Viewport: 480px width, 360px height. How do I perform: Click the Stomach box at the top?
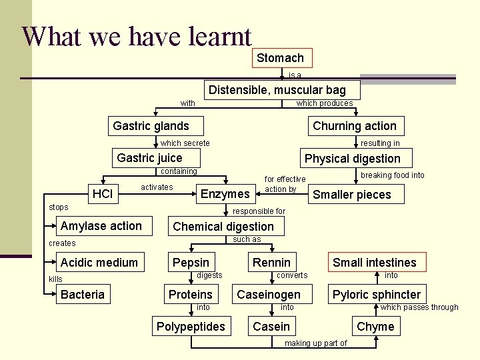click(x=280, y=58)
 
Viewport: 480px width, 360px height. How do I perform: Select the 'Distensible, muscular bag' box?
click(x=277, y=90)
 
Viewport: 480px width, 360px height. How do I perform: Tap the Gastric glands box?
click(x=151, y=126)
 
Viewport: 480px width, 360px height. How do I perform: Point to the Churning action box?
click(x=354, y=126)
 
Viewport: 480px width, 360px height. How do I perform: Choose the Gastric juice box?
click(x=149, y=158)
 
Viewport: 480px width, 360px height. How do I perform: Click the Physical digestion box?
click(x=352, y=159)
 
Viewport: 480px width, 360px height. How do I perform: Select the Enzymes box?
click(x=225, y=194)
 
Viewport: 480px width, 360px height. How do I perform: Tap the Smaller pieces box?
click(x=351, y=195)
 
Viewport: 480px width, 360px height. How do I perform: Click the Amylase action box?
click(x=101, y=226)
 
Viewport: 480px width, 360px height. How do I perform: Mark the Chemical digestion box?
click(x=223, y=227)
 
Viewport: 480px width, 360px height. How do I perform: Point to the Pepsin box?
click(x=191, y=263)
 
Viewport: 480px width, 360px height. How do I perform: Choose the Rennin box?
click(x=271, y=263)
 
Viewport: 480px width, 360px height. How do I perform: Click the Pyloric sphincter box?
click(x=377, y=295)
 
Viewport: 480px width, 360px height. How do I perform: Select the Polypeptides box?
click(x=191, y=327)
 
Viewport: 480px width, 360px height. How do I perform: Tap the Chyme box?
click(x=375, y=327)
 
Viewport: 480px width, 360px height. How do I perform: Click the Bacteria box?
click(x=83, y=295)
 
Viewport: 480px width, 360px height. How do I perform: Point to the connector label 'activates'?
click(x=157, y=187)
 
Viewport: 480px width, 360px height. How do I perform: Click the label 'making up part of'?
click(x=315, y=343)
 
